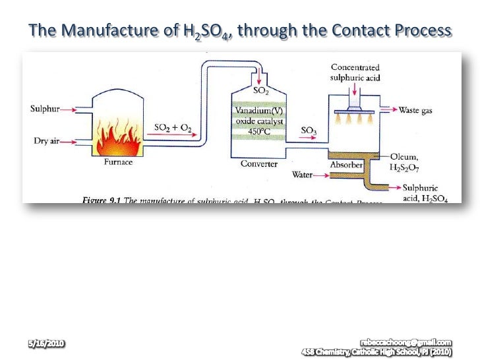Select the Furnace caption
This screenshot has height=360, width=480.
click(x=119, y=164)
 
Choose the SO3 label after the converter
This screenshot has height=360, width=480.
click(x=309, y=131)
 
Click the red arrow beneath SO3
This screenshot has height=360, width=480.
click(x=308, y=139)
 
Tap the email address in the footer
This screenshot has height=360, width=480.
click(x=406, y=342)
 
